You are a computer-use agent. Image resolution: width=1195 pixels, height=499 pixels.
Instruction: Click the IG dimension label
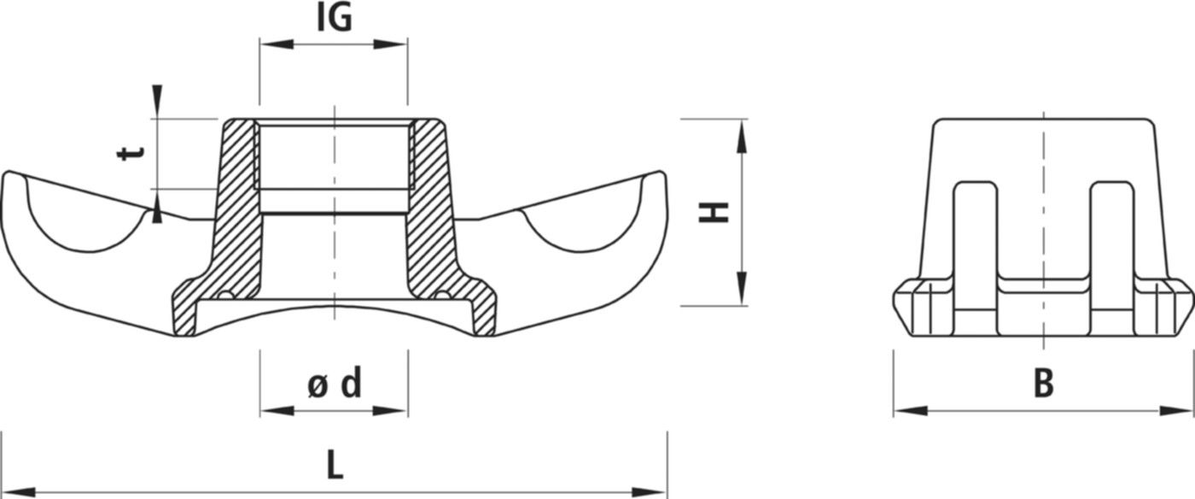(x=334, y=18)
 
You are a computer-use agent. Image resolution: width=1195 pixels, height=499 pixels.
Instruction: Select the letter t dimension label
(x=131, y=154)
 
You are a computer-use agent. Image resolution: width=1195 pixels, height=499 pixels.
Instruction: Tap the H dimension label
(x=714, y=212)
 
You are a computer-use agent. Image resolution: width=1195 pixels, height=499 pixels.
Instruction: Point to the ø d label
(x=334, y=385)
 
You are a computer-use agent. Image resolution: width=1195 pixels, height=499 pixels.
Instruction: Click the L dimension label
(x=335, y=465)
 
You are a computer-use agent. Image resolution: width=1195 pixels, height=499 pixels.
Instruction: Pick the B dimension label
(x=1043, y=385)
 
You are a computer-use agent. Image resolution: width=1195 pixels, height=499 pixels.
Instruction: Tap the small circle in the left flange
(x=225, y=296)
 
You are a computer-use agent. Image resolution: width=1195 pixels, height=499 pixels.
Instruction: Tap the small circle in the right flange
(x=441, y=296)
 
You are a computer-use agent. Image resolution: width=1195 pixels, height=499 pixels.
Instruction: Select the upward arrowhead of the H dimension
(x=741, y=133)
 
